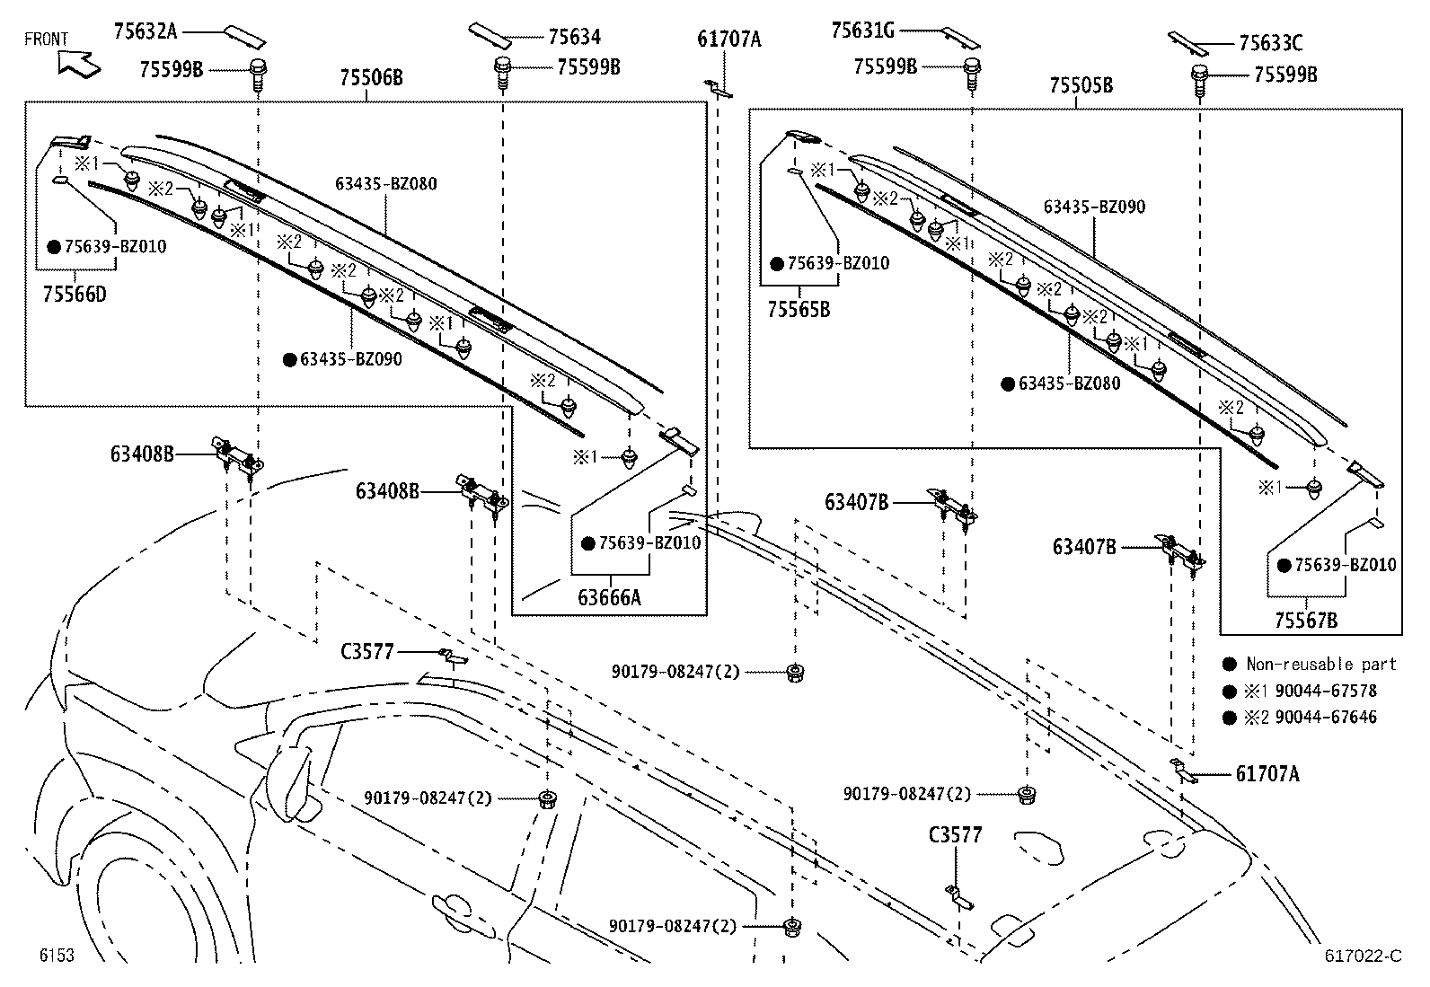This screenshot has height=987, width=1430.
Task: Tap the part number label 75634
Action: [574, 37]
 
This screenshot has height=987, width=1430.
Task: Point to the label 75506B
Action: [371, 78]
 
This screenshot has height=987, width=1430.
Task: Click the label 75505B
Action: [1081, 85]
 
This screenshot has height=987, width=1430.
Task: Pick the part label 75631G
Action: [862, 31]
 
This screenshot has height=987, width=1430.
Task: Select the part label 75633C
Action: [1270, 42]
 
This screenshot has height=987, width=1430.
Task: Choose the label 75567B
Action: [1305, 620]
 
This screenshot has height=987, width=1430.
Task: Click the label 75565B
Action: [799, 309]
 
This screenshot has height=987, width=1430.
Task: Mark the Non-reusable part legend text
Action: [1320, 664]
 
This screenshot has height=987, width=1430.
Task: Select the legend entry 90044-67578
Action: [1326, 691]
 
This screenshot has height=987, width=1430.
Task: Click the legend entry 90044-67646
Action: [1326, 717]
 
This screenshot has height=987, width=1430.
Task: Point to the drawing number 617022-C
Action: [1362, 956]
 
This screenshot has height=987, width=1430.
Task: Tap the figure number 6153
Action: [56, 955]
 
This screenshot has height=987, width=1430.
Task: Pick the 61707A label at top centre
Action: [728, 39]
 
